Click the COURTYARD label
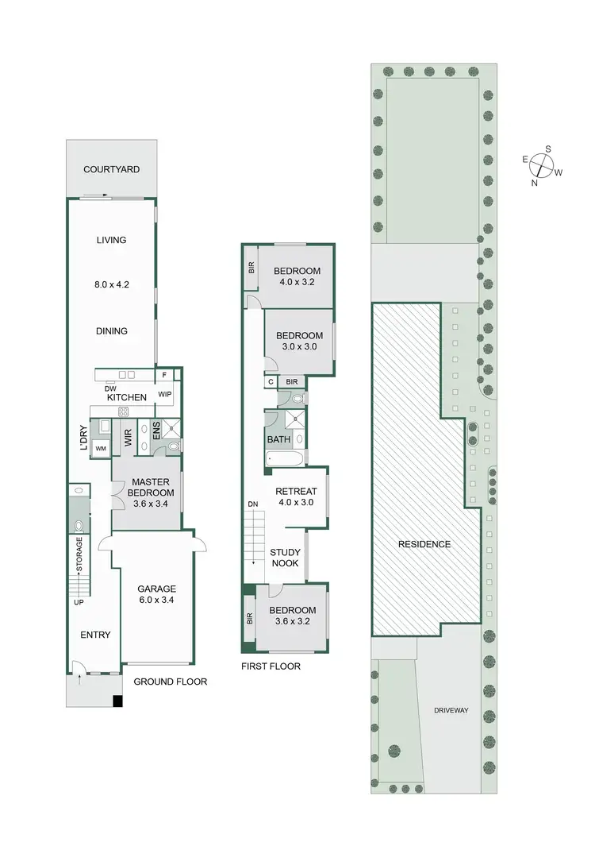pyautogui.click(x=112, y=169)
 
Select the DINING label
pyautogui.click(x=112, y=331)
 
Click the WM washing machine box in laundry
pyautogui.click(x=101, y=449)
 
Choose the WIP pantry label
pyautogui.click(x=165, y=392)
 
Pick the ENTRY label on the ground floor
pyautogui.click(x=95, y=635)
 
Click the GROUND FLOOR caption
pyautogui.click(x=170, y=682)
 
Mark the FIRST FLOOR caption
pyautogui.click(x=271, y=666)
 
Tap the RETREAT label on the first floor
pyautogui.click(x=295, y=490)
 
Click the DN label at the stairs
pyautogui.click(x=253, y=504)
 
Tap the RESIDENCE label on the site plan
pyautogui.click(x=424, y=544)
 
